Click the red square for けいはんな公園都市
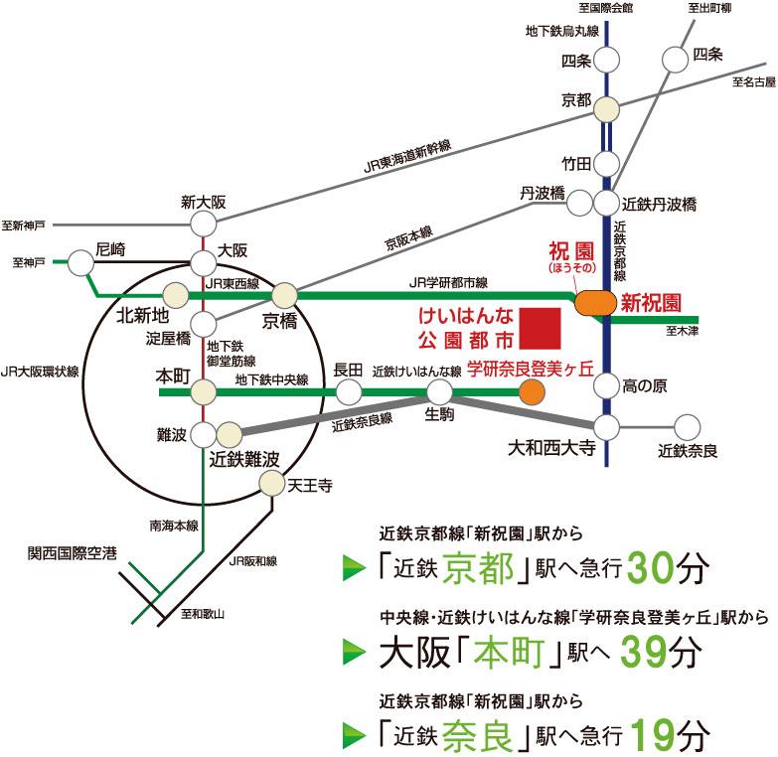point(542,326)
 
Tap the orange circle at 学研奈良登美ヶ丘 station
point(533,392)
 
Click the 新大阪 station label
point(204,202)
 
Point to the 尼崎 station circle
point(82,262)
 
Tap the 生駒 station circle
point(438,392)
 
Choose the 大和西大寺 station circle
point(607,426)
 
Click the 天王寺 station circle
point(272,484)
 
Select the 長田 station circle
point(349,392)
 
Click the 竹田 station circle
point(607,162)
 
